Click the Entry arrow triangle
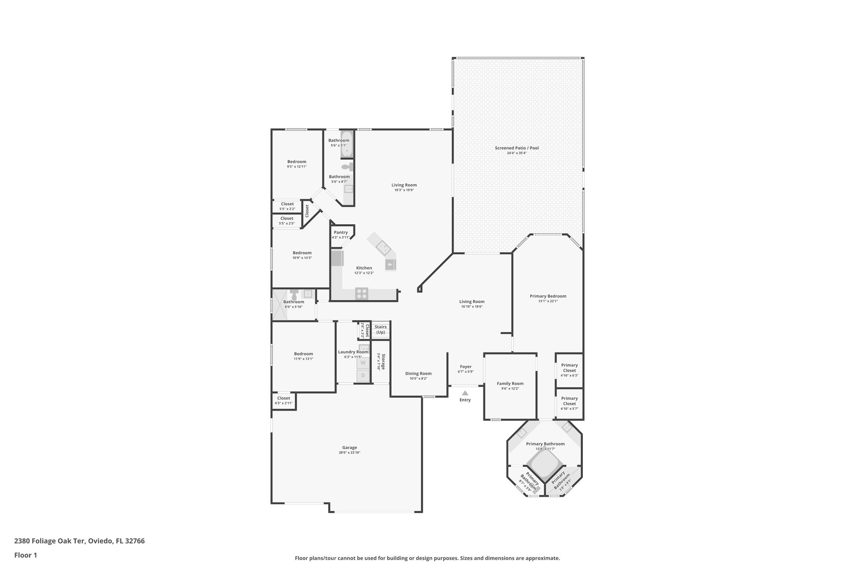tap(465, 393)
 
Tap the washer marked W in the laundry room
tap(363, 362)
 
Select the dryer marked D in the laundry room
tap(363, 375)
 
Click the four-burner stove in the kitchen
tap(362, 294)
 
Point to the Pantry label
tap(341, 233)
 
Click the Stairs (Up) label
tap(380, 329)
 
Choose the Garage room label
tap(349, 448)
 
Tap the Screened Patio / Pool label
tap(516, 148)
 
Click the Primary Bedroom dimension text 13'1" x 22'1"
tap(548, 301)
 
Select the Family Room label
tap(510, 383)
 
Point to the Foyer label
tap(465, 367)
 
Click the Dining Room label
tap(418, 374)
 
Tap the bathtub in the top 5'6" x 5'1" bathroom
tap(347, 144)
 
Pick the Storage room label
tap(382, 362)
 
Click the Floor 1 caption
tap(25, 555)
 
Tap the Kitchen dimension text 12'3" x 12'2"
tap(364, 273)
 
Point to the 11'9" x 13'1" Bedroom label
tap(303, 354)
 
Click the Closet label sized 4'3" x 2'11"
tap(283, 398)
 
